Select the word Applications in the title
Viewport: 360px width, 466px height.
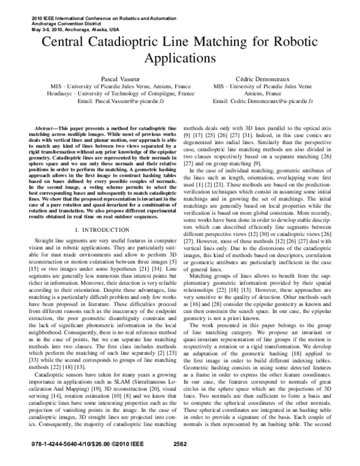tap(179, 60)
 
